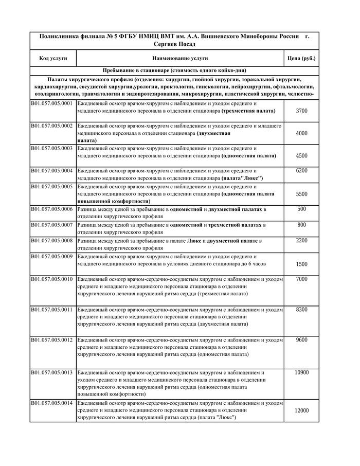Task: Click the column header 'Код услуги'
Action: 53,58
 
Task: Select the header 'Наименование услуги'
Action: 180,58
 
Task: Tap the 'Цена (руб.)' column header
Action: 301,58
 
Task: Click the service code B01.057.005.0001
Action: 51,104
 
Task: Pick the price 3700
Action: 302,111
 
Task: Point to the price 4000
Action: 302,133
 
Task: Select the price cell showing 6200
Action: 302,170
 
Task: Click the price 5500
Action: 302,194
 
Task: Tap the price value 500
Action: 302,209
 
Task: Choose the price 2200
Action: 302,240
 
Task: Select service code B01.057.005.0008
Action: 51,240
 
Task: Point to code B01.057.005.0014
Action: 51,404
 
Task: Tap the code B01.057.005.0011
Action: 51,310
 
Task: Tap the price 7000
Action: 302,279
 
